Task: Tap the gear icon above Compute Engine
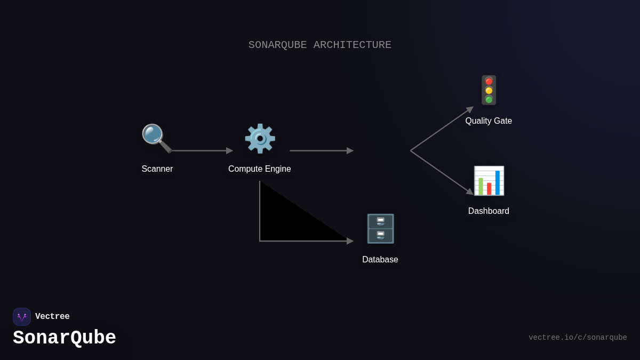pos(260,139)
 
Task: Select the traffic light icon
pos(489,90)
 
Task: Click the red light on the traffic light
pos(489,82)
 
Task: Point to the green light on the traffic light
pos(489,100)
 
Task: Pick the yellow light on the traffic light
pos(489,91)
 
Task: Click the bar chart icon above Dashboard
pos(489,181)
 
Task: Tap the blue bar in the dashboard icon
pos(498,182)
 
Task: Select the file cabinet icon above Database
pos(380,229)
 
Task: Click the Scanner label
pos(157,169)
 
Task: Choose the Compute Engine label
pos(260,169)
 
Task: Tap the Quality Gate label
pos(489,121)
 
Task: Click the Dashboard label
pos(489,211)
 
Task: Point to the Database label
pos(380,260)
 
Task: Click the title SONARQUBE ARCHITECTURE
pos(320,45)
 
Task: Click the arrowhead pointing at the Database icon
pos(350,241)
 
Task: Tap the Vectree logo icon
pos(22,317)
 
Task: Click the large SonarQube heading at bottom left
pos(65,338)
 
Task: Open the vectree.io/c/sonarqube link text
pos(578,338)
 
